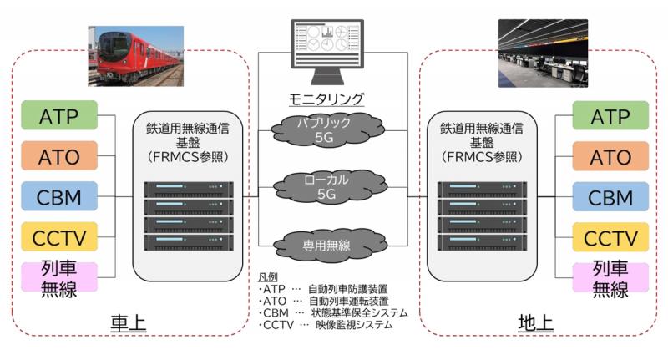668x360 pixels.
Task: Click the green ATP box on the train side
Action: pos(59,115)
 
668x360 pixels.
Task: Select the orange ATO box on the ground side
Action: pos(610,156)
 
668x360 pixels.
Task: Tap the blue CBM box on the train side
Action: pos(59,196)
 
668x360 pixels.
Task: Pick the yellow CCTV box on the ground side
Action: pos(610,237)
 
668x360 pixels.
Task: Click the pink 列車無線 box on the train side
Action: pos(59,277)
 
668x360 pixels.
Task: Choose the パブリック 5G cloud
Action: pos(326,129)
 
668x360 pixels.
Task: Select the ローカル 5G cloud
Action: pos(329,186)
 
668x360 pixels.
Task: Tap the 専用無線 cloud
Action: pos(329,245)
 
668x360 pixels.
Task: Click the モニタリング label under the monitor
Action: pos(326,99)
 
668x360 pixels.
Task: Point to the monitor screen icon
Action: pos(327,51)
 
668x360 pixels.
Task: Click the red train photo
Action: pos(136,56)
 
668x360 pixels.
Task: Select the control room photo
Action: pos(544,53)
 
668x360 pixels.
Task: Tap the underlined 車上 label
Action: pos(129,323)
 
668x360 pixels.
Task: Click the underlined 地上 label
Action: pos(535,323)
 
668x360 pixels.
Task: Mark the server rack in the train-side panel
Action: pos(189,216)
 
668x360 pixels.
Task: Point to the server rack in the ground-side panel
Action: pos(483,216)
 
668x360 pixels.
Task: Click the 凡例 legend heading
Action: pos(267,277)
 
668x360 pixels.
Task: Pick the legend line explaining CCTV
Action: pos(326,325)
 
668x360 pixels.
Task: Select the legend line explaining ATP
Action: pos(323,289)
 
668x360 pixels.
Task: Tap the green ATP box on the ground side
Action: pos(610,115)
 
